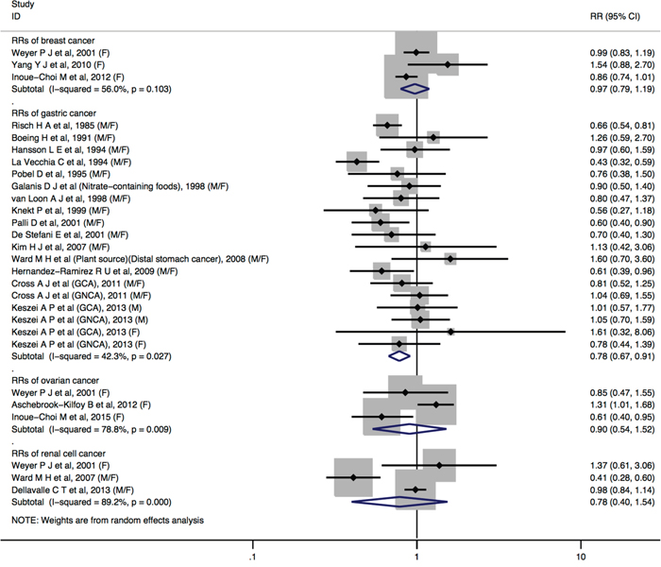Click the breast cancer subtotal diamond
414,89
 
